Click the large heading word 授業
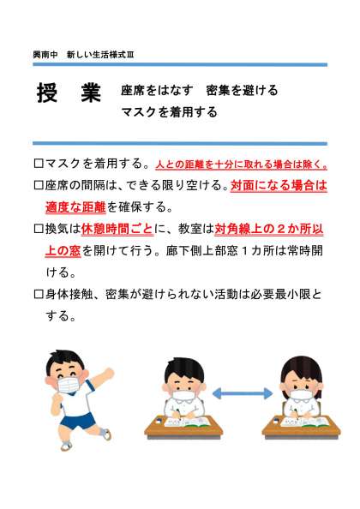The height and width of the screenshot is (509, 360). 69,93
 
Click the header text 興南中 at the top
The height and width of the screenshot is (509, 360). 45,55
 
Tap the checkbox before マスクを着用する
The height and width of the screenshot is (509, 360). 39,164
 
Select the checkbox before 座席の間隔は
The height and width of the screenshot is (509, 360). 39,185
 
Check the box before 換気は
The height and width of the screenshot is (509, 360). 39,229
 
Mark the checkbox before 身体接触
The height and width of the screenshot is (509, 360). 39,295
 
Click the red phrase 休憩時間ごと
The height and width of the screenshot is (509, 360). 117,229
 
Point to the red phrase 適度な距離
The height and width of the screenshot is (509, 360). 75,207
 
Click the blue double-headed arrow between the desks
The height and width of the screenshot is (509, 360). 243,394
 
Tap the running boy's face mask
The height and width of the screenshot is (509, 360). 69,385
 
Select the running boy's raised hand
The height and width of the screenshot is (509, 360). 109,374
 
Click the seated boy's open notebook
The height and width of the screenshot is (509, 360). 186,422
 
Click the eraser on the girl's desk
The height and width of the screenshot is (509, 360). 276,421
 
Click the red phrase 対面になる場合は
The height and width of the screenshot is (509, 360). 279,185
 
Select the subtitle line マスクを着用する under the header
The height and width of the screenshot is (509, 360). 169,112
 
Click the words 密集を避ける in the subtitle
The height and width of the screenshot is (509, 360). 242,90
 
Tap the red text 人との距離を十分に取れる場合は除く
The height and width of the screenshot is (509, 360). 241,165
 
